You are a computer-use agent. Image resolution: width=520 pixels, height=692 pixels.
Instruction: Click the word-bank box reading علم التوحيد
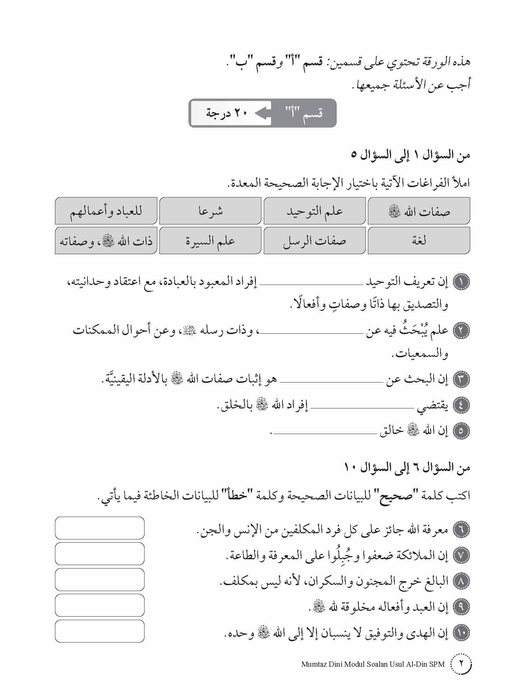point(314,211)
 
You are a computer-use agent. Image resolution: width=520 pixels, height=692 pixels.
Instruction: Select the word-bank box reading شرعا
point(210,211)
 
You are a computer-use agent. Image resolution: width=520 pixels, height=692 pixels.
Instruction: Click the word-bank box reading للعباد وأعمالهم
point(106,211)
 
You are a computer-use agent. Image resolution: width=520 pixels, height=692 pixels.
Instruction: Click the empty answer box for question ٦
point(100,528)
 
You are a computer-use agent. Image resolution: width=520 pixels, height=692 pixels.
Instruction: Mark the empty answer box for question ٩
point(100,606)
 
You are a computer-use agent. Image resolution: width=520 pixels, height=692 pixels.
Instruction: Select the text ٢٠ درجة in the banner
point(226,113)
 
